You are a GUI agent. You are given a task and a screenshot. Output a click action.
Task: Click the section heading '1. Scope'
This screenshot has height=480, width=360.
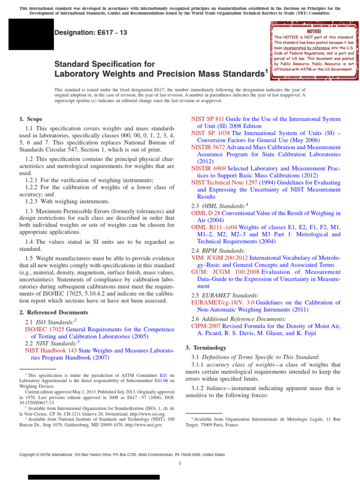(31, 120)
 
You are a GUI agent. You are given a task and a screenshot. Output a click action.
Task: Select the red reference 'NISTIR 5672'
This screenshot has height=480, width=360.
(209, 147)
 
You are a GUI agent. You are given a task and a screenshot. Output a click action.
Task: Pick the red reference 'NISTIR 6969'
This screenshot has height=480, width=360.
(209, 168)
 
